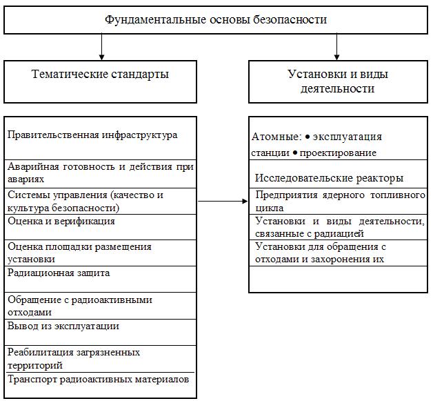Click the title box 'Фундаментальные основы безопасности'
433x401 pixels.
pyautogui.click(x=216, y=20)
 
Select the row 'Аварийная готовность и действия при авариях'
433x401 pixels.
pyautogui.click(x=100, y=171)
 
